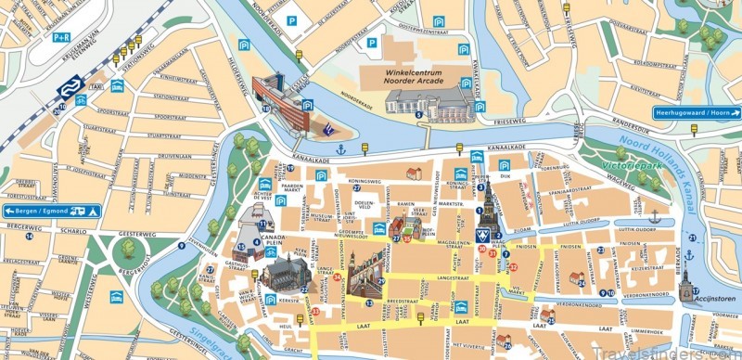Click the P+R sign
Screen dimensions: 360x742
[61, 38]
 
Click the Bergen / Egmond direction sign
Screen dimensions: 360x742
[42, 212]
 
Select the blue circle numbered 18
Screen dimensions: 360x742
[266, 109]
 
